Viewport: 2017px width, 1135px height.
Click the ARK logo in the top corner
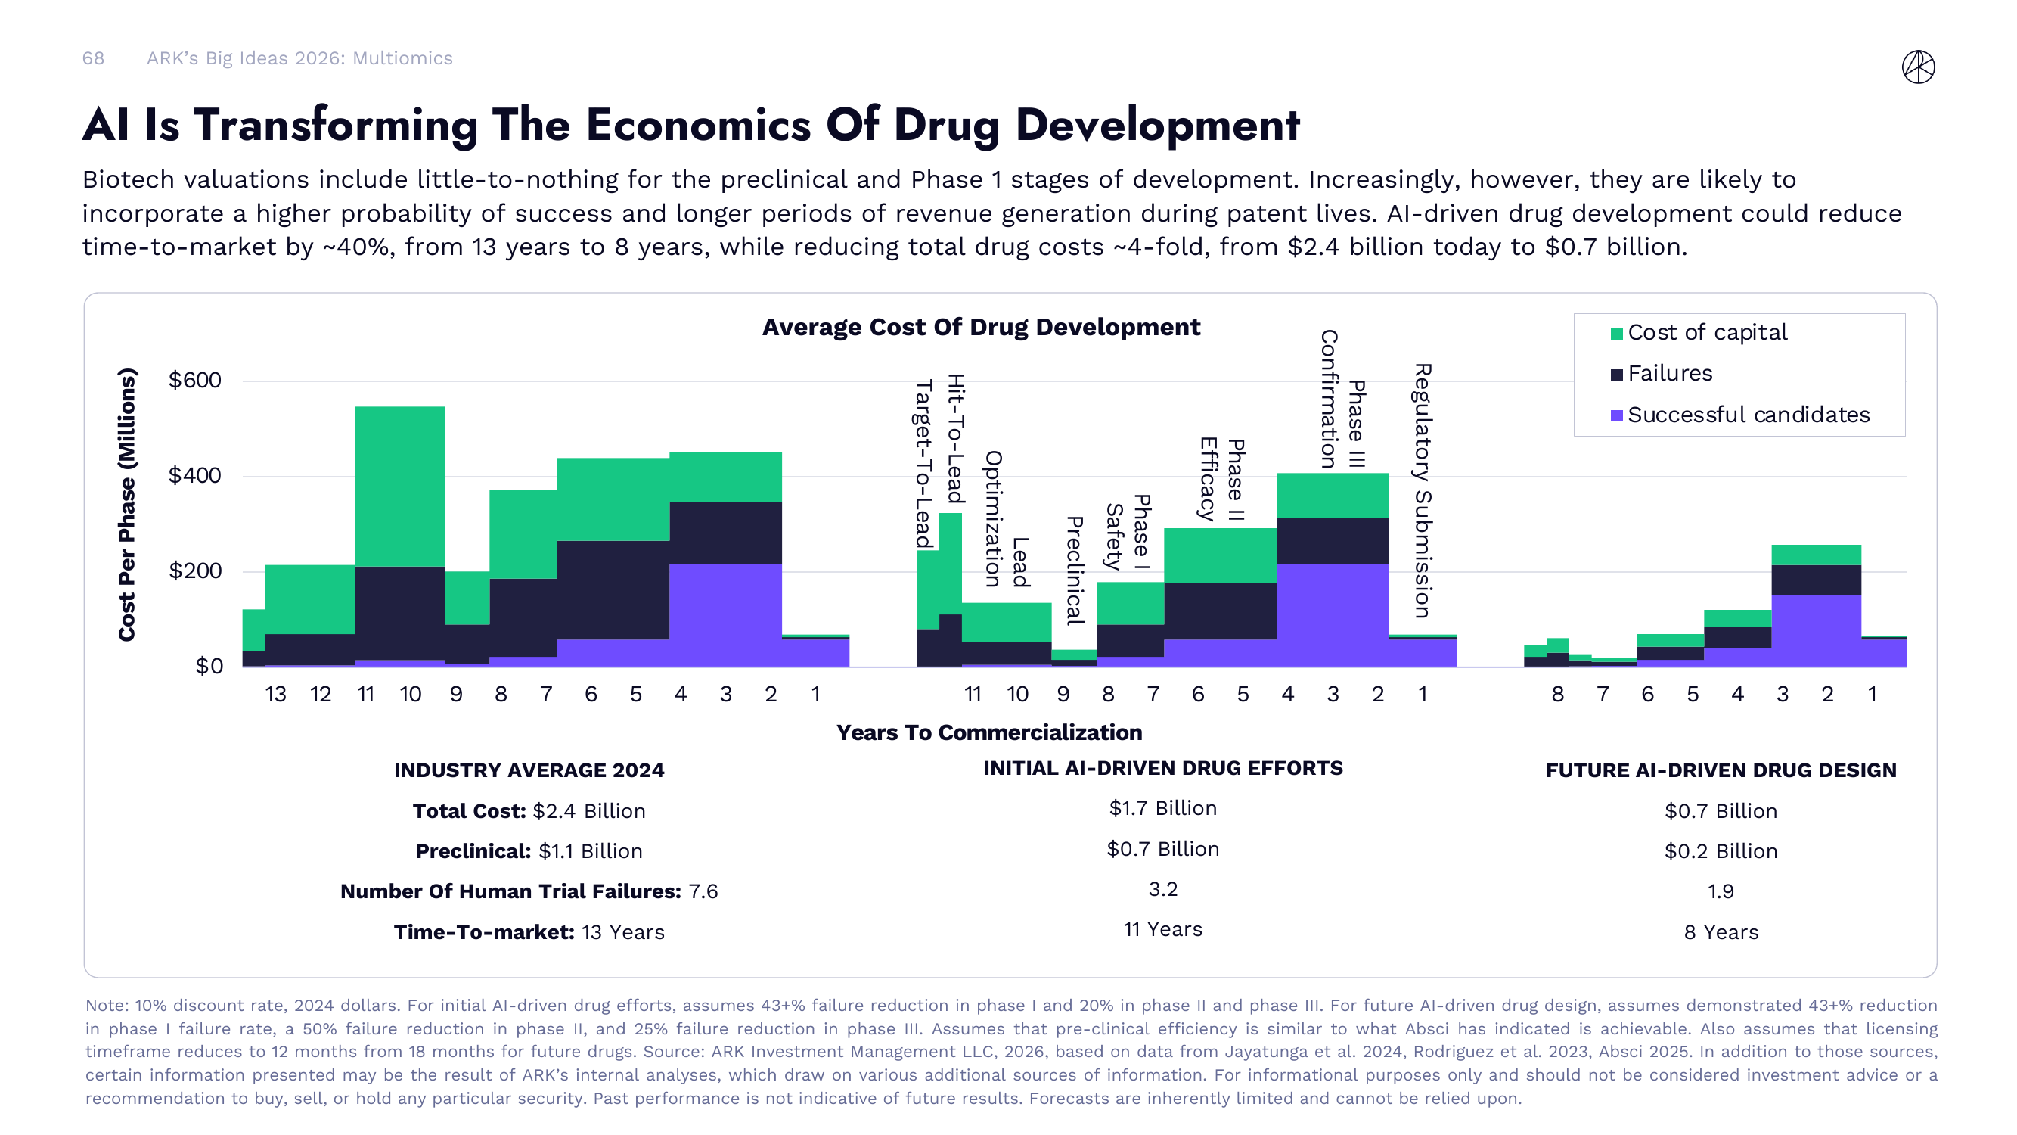click(1918, 67)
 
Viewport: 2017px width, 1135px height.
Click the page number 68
click(93, 59)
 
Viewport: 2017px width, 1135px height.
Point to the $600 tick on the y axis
click(195, 381)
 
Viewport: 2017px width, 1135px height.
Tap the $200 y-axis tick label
click(195, 571)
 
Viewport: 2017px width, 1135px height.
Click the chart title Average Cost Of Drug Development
click(980, 328)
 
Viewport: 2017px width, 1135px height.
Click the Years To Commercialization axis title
click(989, 732)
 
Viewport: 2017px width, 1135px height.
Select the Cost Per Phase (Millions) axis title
click(127, 505)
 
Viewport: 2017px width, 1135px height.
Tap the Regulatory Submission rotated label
click(1422, 490)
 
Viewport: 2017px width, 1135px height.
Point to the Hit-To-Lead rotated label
click(955, 439)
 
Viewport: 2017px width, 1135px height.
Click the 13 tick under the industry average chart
click(275, 694)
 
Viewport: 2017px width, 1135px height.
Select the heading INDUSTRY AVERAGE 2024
click(529, 770)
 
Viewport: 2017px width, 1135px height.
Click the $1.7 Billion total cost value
click(1162, 808)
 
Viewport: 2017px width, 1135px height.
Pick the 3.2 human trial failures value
click(1162, 889)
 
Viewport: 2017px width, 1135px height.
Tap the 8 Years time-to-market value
click(1721, 932)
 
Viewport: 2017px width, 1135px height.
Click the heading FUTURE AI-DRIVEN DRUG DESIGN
click(1721, 770)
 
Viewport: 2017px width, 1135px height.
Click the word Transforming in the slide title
click(336, 126)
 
